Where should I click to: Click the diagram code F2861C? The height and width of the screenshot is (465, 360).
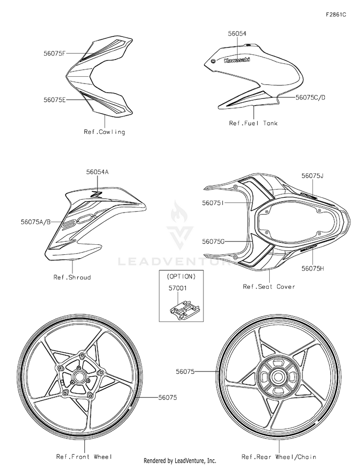pyautogui.click(x=336, y=14)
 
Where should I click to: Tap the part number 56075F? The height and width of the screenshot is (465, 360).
pyautogui.click(x=54, y=53)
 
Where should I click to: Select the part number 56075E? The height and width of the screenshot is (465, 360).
pyautogui.click(x=55, y=100)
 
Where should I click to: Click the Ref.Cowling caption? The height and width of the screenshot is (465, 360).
pyautogui.click(x=104, y=132)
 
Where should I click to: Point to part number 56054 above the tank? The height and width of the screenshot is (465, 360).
pyautogui.click(x=237, y=34)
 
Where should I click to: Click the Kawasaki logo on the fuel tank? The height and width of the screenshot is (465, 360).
pyautogui.click(x=237, y=60)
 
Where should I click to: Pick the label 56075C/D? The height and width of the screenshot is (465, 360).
pyautogui.click(x=310, y=97)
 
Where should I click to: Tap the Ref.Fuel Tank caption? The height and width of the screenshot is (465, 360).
pyautogui.click(x=253, y=123)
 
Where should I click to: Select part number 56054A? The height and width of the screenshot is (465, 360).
pyautogui.click(x=97, y=172)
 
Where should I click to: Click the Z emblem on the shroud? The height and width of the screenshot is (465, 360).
pyautogui.click(x=97, y=195)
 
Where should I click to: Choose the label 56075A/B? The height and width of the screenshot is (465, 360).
pyautogui.click(x=36, y=222)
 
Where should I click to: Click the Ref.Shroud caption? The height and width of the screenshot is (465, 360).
pyautogui.click(x=72, y=277)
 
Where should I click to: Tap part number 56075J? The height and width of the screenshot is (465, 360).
pyautogui.click(x=312, y=176)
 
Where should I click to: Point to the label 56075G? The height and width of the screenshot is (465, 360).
pyautogui.click(x=213, y=242)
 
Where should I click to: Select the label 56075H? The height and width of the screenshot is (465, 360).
pyautogui.click(x=313, y=268)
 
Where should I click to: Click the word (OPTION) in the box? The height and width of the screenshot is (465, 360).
pyautogui.click(x=181, y=277)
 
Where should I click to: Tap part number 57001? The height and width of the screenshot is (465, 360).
pyautogui.click(x=178, y=288)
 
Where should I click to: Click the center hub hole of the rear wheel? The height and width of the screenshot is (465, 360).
pyautogui.click(x=278, y=377)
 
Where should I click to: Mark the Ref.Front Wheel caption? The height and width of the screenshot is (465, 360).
pyautogui.click(x=84, y=457)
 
